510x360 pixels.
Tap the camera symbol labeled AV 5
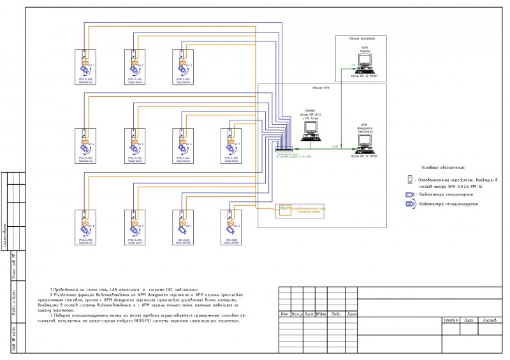click(133, 147)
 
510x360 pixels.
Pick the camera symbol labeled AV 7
click(229, 147)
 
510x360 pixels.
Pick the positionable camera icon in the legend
click(411, 204)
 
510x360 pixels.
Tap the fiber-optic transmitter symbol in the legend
click(411, 182)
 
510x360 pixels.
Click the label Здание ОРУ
click(321, 87)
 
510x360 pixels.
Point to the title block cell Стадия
click(451, 320)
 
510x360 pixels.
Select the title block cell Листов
click(490, 320)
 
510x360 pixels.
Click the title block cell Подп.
click(336, 314)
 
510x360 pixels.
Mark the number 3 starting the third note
click(51, 315)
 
